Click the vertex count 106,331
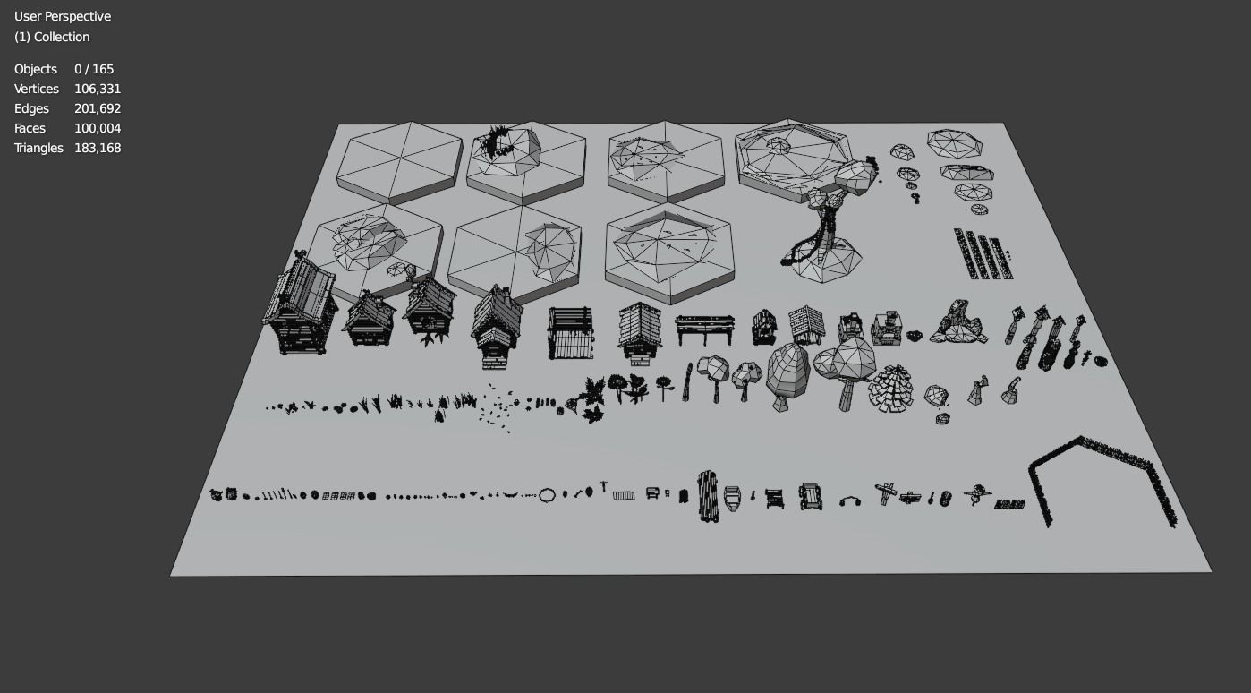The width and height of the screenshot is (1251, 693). tap(98, 89)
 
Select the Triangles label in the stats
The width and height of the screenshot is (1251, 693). tap(38, 148)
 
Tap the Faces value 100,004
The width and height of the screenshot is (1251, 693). tap(98, 128)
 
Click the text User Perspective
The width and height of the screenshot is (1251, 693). tap(63, 16)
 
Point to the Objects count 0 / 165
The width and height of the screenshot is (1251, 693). tap(94, 69)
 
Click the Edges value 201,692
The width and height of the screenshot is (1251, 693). tap(98, 108)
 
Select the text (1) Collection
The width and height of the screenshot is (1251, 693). tap(52, 37)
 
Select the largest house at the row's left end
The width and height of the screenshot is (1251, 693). tap(299, 306)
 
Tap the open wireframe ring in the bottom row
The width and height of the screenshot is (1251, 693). tap(548, 494)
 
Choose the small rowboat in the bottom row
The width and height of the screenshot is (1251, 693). tap(733, 498)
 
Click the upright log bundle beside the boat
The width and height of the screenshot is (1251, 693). tap(708, 495)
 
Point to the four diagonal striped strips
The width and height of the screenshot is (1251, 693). tap(983, 253)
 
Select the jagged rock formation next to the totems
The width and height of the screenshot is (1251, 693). tap(957, 323)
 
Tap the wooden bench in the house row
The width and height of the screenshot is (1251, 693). tap(704, 329)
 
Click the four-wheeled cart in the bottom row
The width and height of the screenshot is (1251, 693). tap(810, 496)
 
